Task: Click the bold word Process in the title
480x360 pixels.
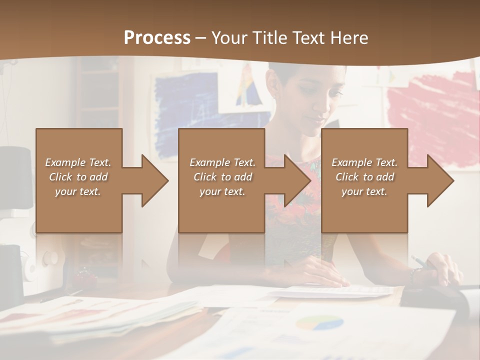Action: pyautogui.click(x=157, y=37)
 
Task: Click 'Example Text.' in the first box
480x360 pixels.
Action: pyautogui.click(x=78, y=162)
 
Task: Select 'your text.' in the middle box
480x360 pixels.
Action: pyautogui.click(x=222, y=191)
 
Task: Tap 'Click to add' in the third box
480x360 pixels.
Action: pyautogui.click(x=364, y=177)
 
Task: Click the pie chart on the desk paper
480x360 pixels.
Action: pyautogui.click(x=319, y=322)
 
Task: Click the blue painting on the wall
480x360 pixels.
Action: pyautogui.click(x=185, y=115)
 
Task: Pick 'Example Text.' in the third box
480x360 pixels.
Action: pyautogui.click(x=364, y=162)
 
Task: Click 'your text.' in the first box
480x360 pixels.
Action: pyautogui.click(x=78, y=191)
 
